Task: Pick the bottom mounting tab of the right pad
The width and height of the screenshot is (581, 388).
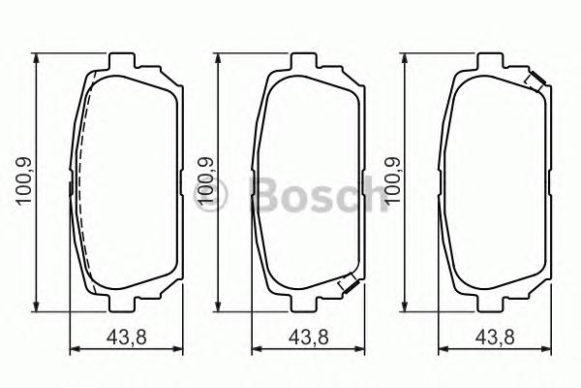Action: click(494, 305)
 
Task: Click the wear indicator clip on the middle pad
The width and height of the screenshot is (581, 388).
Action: click(346, 284)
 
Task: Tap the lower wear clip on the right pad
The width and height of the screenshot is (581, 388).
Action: click(532, 285)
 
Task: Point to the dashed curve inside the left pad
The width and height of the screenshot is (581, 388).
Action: click(80, 184)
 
